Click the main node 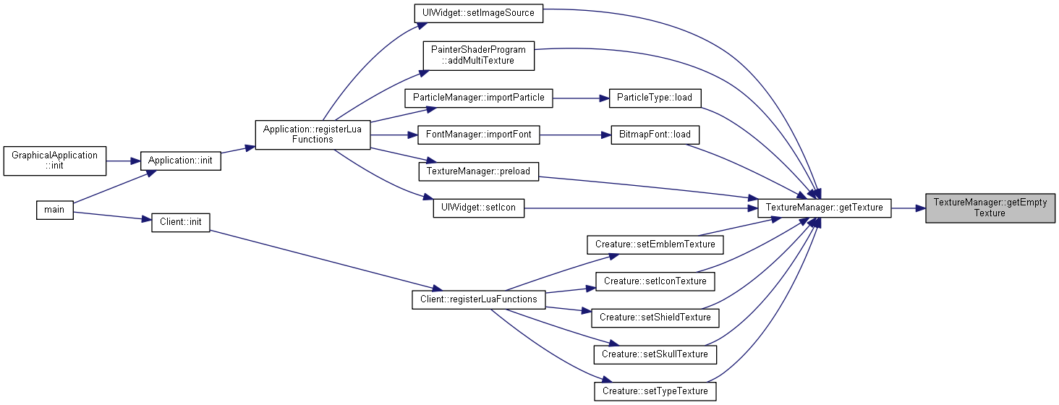(55, 210)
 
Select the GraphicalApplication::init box (55, 161)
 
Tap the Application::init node (181, 161)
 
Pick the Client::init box (181, 222)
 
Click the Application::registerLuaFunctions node (312, 135)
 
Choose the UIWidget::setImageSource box (478, 13)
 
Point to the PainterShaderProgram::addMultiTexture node (478, 56)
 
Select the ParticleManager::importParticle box (478, 98)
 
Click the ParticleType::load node (655, 98)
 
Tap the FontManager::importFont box (478, 135)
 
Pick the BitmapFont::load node (655, 135)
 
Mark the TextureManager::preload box (478, 171)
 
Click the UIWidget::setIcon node (478, 208)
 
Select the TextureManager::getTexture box (825, 208)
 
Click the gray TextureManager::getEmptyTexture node (990, 208)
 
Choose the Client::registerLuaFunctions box (478, 299)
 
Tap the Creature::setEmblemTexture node (655, 244)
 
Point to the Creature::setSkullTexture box (655, 354)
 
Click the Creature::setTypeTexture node (655, 391)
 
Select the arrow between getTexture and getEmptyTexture (909, 208)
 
